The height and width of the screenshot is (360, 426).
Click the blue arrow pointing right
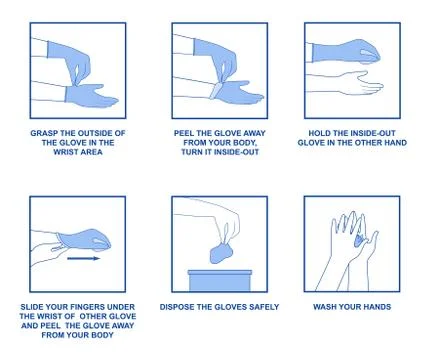85,257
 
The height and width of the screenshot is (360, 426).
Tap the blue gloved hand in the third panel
340,51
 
